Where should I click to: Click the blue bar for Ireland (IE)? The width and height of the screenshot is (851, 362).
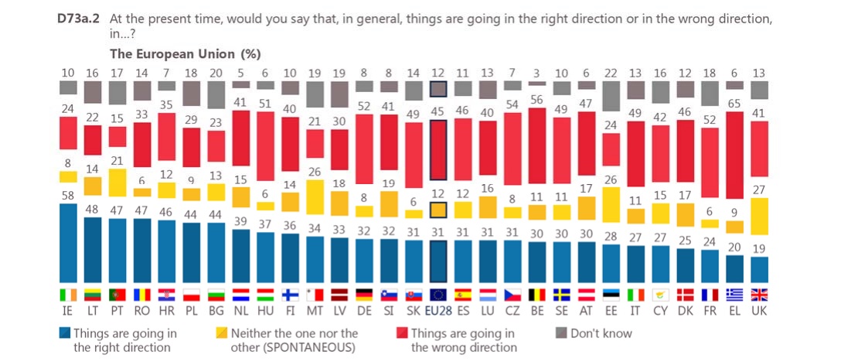pos(68,242)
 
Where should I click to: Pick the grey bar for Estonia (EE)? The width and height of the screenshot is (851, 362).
pos(611,96)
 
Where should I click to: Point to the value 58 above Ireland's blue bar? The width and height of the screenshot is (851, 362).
pos(68,196)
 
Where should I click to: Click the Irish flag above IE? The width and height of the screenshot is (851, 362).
pos(68,294)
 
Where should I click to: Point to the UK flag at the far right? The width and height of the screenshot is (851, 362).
pos(760,294)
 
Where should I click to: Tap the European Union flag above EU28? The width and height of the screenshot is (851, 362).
pos(439,294)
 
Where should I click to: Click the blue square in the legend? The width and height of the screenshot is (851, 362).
pos(65,333)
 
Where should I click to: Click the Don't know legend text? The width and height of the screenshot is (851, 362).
pos(601,333)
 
